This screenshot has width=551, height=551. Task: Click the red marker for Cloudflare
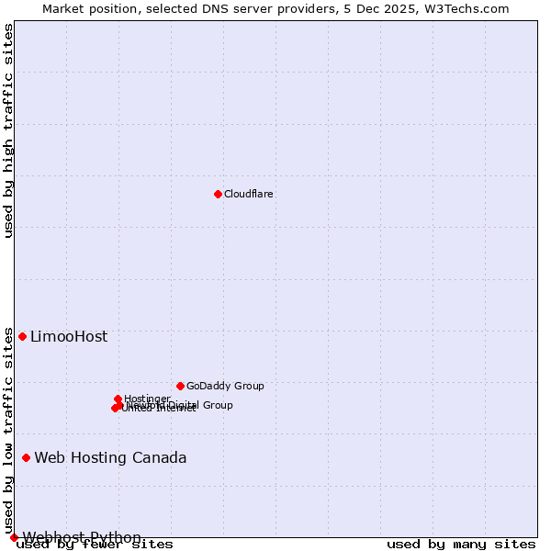(x=218, y=194)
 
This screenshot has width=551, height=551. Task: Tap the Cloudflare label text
(x=248, y=194)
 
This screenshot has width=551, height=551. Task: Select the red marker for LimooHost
(x=22, y=336)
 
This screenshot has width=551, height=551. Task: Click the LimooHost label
(x=69, y=337)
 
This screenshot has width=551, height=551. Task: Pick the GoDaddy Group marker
(x=180, y=386)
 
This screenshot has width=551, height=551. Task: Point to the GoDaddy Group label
(x=225, y=386)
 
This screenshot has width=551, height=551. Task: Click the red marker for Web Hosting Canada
(x=26, y=457)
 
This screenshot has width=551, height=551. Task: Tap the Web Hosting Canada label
(x=110, y=458)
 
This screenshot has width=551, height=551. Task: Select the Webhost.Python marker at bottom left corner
(x=14, y=537)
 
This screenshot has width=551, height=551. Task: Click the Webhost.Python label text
(x=82, y=537)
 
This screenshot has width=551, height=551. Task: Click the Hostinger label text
(x=147, y=399)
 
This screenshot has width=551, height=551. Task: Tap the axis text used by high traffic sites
(x=8, y=130)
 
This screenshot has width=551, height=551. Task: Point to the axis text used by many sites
(x=461, y=545)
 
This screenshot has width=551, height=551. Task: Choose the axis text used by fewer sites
(x=96, y=545)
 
